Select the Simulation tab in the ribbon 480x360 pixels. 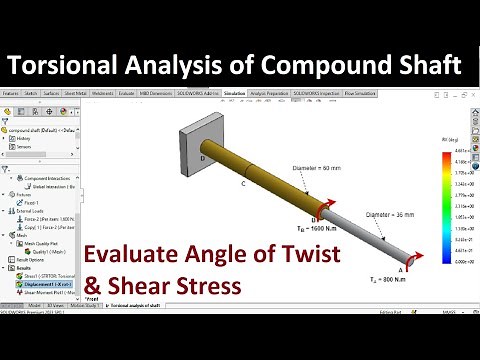tap(235, 92)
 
